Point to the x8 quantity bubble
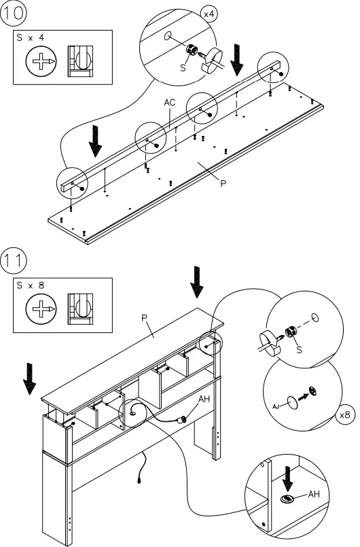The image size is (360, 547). tap(346, 414)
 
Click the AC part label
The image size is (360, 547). tap(170, 102)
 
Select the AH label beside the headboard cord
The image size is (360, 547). tap(204, 400)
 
